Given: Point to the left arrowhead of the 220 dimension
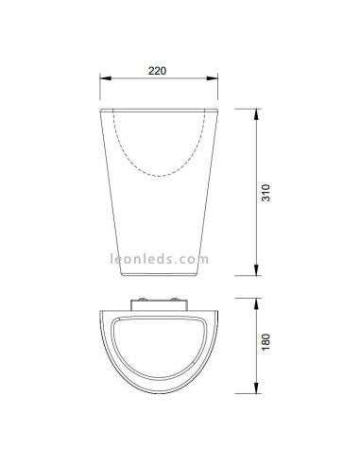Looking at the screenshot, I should pyautogui.click(x=103, y=81).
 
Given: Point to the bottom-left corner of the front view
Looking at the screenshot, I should pyautogui.click(x=129, y=275).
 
